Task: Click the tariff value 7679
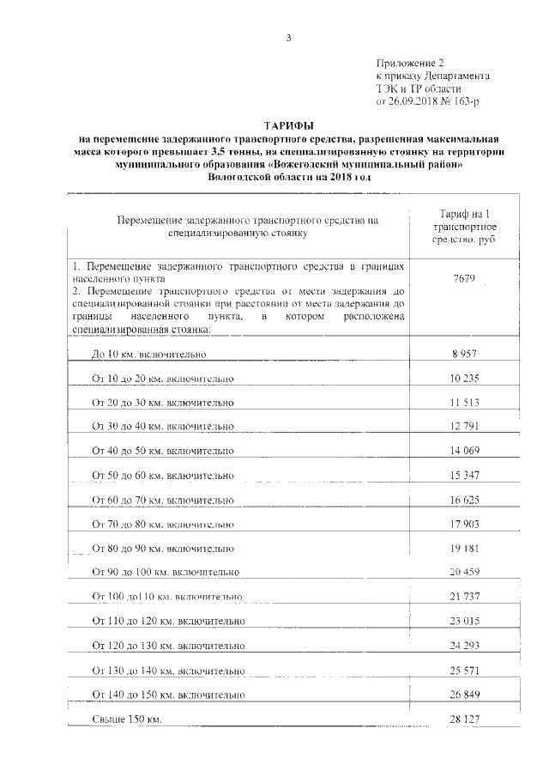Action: (463, 279)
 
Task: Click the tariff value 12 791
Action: (463, 426)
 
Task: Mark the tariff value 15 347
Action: (463, 474)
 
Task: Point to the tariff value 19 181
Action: (463, 546)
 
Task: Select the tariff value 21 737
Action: (463, 595)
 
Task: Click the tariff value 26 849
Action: (463, 692)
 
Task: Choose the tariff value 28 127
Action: (463, 717)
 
